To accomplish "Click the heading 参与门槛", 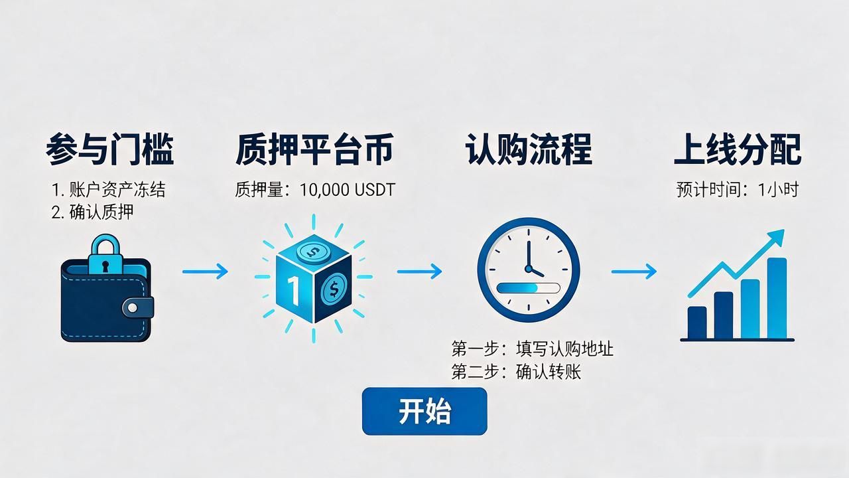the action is (110, 149).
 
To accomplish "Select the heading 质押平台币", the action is (314, 149).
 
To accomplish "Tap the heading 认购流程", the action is (529, 149).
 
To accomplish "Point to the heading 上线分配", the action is (738, 149).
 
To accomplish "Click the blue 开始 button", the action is (424, 411).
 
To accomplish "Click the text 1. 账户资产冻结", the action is (109, 190).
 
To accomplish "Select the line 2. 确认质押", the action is (92, 212).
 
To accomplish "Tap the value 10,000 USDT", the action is (348, 190).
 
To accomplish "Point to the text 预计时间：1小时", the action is (738, 190).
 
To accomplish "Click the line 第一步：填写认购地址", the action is (532, 349).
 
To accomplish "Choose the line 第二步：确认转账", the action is (516, 371).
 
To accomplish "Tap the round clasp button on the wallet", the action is (133, 307).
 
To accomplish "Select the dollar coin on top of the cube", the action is (313, 252).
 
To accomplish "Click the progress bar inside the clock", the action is (529, 288).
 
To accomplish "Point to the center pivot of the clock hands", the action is (529, 269).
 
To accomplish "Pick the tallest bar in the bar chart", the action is (777, 298).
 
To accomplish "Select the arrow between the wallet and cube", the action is (205, 272).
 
